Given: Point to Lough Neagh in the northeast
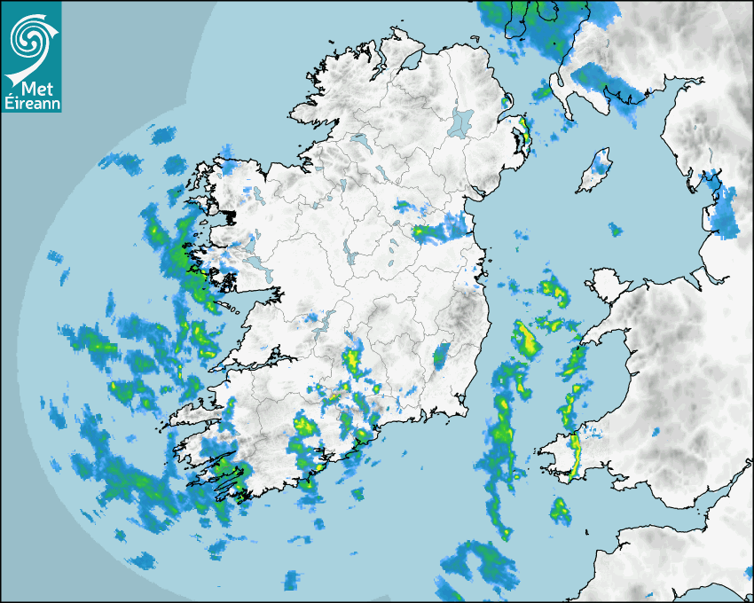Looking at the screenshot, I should (461, 121).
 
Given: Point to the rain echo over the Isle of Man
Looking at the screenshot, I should (604, 161).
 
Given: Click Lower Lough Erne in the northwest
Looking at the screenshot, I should (359, 140).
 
